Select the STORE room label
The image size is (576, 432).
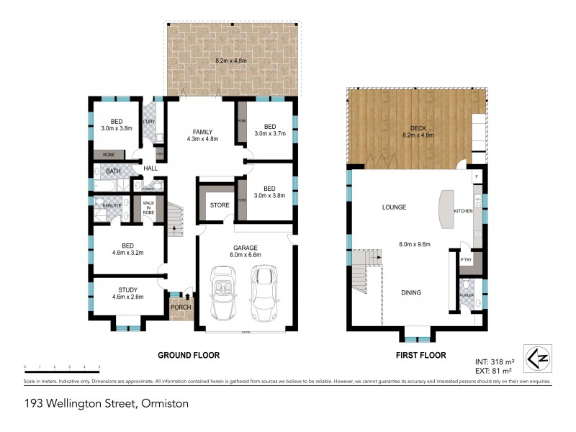(220, 205)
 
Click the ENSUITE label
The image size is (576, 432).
(112, 205)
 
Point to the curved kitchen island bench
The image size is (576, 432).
(444, 210)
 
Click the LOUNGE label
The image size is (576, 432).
(394, 207)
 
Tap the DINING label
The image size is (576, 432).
(411, 292)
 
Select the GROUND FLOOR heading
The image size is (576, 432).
(189, 355)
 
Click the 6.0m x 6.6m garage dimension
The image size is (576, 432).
(246, 254)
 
